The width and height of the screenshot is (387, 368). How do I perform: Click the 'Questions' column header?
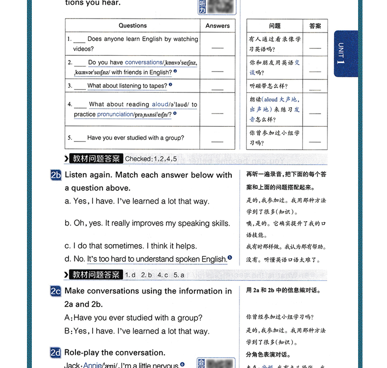coord(132,25)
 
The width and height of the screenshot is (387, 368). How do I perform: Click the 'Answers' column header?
coord(218,25)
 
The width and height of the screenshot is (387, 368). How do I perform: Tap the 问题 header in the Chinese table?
coord(275,26)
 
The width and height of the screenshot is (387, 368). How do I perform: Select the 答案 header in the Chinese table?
coord(315,26)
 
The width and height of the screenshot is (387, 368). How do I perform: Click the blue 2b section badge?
coord(56,175)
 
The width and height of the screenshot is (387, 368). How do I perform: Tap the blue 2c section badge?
coord(56,291)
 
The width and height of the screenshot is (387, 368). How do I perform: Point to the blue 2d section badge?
coord(56,352)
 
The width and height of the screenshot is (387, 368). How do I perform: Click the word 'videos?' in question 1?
coord(84,49)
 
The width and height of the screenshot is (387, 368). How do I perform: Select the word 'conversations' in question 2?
coord(144,63)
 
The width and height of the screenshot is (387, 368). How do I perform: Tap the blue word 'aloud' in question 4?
coord(160,104)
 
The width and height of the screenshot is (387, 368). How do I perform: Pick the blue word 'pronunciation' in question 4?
coord(115,115)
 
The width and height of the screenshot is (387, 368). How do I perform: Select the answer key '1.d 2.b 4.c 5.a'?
coord(155,275)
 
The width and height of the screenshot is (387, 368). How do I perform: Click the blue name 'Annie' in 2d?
coord(92,365)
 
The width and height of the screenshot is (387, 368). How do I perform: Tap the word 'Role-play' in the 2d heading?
coord(82,352)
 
